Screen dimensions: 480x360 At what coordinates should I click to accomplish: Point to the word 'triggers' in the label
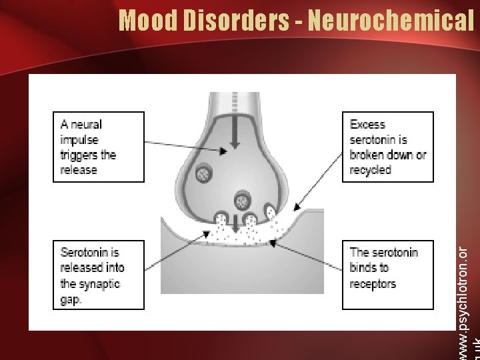pyautogui.click(x=79, y=155)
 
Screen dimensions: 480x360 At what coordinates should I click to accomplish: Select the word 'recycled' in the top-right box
pyautogui.click(x=371, y=170)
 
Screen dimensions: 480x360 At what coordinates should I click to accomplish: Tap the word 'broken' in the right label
pyautogui.click(x=367, y=155)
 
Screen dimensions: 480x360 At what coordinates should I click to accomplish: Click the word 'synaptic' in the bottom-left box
pyautogui.click(x=99, y=283)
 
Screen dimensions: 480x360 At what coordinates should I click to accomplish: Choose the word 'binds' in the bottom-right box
pyautogui.click(x=364, y=268)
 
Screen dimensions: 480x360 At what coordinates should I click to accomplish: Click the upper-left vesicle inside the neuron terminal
pyautogui.click(x=203, y=174)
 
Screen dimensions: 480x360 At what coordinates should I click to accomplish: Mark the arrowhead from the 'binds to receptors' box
pyautogui.click(x=272, y=241)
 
